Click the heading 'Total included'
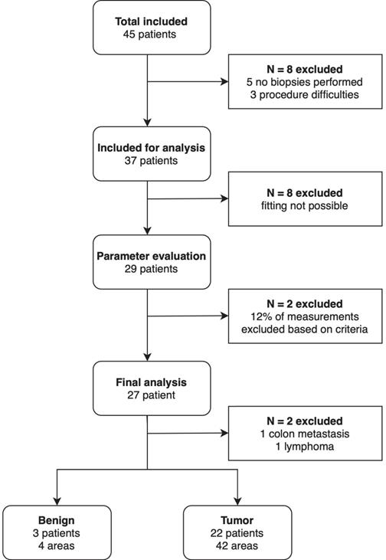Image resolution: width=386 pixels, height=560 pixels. point(151,21)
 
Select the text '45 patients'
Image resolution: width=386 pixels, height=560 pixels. point(149,34)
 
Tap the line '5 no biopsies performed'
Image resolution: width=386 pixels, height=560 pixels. point(305,82)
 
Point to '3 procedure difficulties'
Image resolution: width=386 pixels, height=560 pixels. point(305,95)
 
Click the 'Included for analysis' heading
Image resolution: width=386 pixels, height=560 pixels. point(152,148)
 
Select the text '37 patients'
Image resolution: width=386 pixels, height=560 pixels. point(151,161)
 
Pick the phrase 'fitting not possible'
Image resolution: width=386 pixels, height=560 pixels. point(305,206)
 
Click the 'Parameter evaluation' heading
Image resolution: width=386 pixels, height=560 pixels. point(152,256)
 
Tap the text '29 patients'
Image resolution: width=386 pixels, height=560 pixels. point(151,269)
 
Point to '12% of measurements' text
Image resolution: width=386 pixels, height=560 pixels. point(305,316)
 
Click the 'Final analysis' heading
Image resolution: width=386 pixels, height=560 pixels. point(151,382)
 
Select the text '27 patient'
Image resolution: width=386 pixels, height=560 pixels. point(151,395)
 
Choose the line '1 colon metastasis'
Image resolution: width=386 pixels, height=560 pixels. point(305,434)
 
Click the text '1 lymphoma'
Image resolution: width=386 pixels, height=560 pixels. point(305,447)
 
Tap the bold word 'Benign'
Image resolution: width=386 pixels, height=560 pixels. point(57,521)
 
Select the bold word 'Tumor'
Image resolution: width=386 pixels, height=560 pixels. point(237,520)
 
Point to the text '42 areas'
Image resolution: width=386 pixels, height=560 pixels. point(237,545)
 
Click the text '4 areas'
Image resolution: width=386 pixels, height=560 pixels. point(57,545)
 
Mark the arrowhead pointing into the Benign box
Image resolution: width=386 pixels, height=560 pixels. point(57,501)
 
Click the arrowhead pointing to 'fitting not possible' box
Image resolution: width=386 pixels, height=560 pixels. point(224,198)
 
